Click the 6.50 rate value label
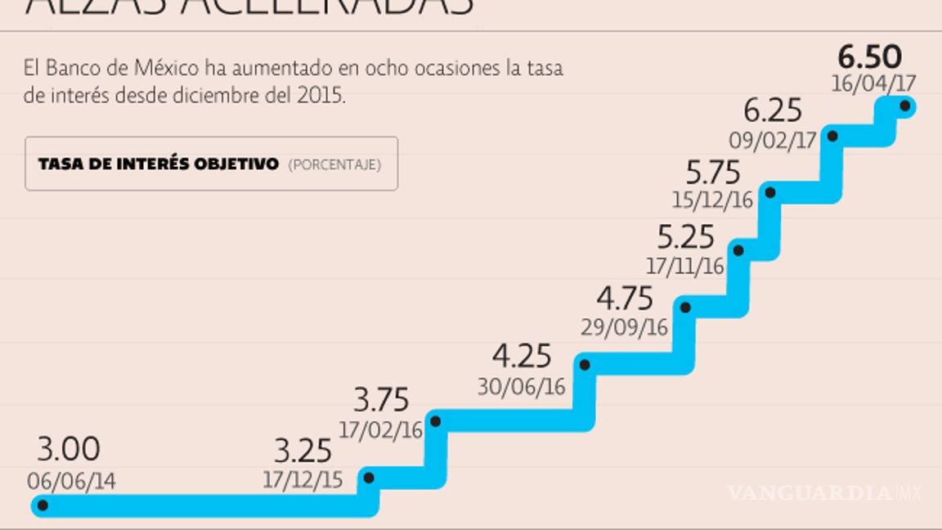(869, 57)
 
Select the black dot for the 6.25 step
(832, 136)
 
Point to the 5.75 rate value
(713, 173)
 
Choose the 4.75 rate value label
(625, 295)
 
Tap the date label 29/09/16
(625, 327)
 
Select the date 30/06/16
(523, 387)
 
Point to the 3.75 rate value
(381, 401)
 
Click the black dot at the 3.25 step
(369, 478)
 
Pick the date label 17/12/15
(303, 480)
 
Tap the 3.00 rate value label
(69, 449)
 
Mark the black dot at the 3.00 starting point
(43, 506)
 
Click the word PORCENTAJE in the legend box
(334, 164)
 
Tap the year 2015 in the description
(323, 95)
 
